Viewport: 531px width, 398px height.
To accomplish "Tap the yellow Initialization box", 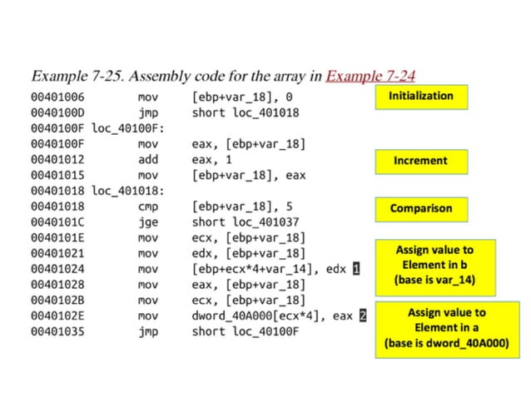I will pyautogui.click(x=420, y=97).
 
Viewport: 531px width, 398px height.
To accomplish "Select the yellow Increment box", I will pyautogui.click(x=420, y=161).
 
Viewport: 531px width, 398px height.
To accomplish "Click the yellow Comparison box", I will pyautogui.click(x=420, y=209).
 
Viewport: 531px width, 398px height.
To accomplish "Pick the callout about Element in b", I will pyautogui.click(x=433, y=267).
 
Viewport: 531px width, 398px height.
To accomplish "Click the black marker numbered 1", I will pyautogui.click(x=355, y=269).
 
